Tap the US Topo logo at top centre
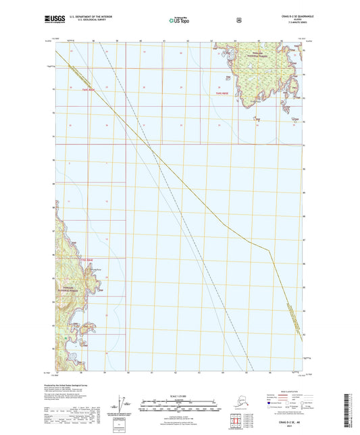(x=178, y=21)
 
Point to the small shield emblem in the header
(x=238, y=20)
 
